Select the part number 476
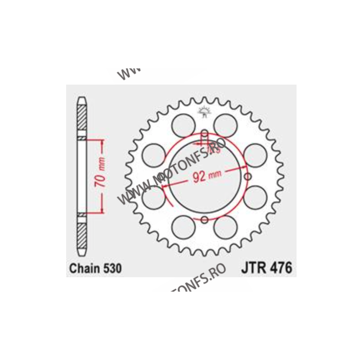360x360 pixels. (x=280, y=269)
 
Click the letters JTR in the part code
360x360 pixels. (x=251, y=269)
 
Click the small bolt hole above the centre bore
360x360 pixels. (x=204, y=134)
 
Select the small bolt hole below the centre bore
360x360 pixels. (x=204, y=219)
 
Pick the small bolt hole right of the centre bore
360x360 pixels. (x=247, y=176)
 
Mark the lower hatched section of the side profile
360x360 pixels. (x=81, y=235)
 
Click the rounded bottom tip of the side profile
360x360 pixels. (x=81, y=255)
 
